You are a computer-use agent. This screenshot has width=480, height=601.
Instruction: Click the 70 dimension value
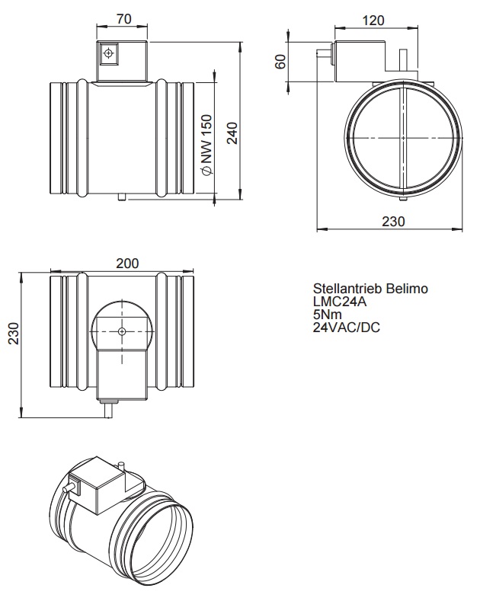coord(123,19)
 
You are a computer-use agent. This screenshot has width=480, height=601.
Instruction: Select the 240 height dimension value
coord(232,133)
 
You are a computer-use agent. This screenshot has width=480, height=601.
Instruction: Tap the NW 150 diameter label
coord(206,145)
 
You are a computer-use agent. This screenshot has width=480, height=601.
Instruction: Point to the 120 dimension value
coord(373,21)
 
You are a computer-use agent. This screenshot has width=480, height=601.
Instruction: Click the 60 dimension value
coord(281,62)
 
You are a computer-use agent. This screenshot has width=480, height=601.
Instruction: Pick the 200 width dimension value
coord(127,264)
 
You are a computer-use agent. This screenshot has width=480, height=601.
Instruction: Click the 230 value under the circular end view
coord(393,221)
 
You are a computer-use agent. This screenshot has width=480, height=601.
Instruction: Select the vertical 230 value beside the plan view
coord(14,333)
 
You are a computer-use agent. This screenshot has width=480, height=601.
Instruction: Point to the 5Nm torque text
coord(327,315)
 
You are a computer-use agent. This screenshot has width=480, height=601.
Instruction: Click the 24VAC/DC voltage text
coord(346,328)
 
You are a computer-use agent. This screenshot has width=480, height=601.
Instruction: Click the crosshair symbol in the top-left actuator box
coord(109,53)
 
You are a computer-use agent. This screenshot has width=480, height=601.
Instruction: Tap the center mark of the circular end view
coord(403,138)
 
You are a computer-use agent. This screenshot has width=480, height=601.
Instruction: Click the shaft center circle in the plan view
coord(122,331)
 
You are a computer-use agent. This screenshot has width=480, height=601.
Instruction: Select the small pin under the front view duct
coord(123,197)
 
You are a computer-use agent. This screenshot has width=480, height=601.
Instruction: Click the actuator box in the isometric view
coord(98,486)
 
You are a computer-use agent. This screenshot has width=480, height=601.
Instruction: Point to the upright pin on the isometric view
coord(123,467)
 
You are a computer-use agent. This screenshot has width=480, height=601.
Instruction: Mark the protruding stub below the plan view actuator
coord(108,409)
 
